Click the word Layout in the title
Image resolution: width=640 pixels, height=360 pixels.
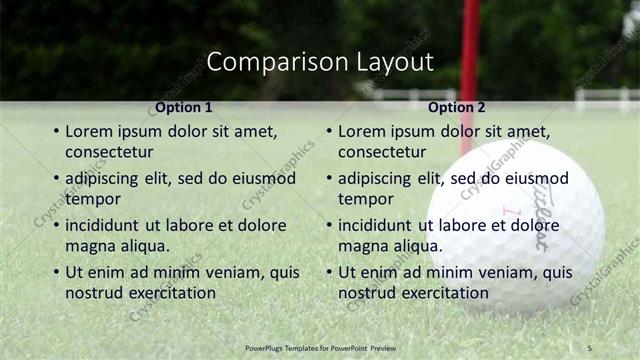pyautogui.click(x=395, y=62)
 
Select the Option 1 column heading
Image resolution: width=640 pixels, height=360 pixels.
pyautogui.click(x=184, y=107)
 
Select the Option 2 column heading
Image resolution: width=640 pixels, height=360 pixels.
pyautogui.click(x=456, y=107)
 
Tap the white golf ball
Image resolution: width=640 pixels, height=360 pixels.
pyautogui.click(x=530, y=220)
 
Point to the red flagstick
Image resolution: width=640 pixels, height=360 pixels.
pyautogui.click(x=469, y=60)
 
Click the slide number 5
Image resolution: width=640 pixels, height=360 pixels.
pyautogui.click(x=589, y=347)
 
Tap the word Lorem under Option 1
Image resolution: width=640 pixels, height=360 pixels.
pyautogui.click(x=91, y=132)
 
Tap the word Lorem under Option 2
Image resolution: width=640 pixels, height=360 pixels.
pyautogui.click(x=364, y=132)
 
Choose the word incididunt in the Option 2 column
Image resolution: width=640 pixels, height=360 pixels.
pyautogui.click(x=375, y=226)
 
